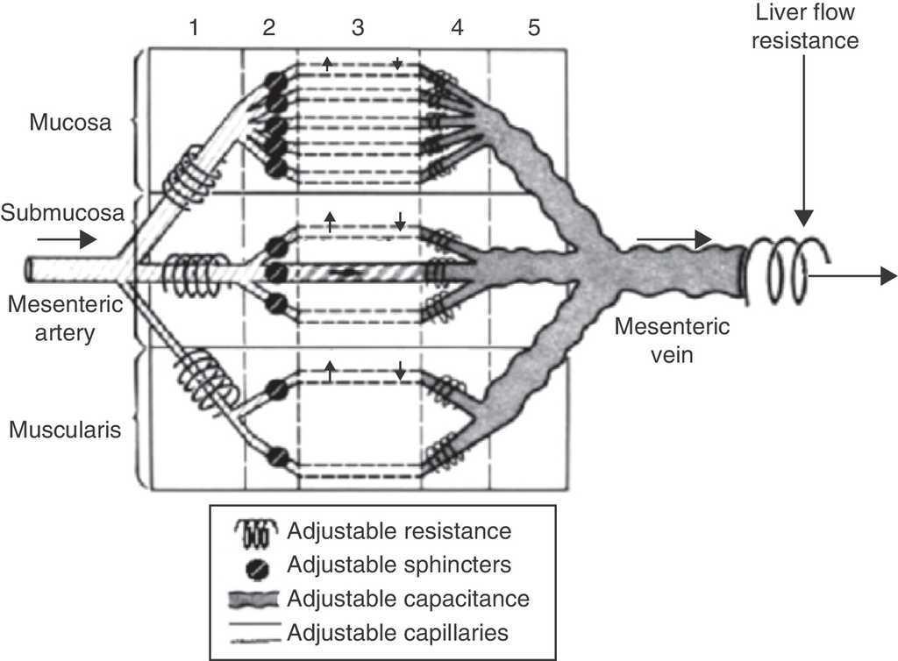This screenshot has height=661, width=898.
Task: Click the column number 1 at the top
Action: (194, 27)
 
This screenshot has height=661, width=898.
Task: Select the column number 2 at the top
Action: (268, 27)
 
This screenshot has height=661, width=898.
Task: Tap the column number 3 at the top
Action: (357, 27)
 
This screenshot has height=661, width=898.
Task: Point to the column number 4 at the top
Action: (456, 27)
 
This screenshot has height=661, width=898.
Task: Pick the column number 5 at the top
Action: (533, 27)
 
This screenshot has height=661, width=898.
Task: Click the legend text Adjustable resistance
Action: (399, 530)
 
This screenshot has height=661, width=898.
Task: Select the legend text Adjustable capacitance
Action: (407, 599)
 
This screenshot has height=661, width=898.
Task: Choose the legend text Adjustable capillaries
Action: (397, 631)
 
